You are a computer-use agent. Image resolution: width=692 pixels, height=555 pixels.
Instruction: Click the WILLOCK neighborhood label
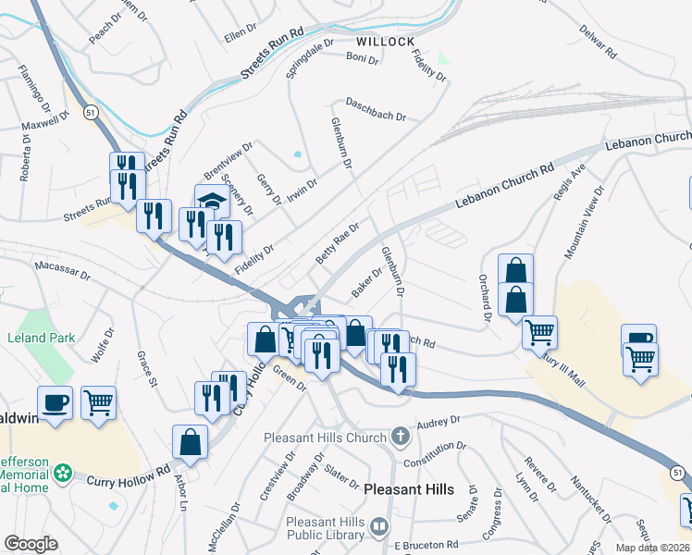[x=385, y=42]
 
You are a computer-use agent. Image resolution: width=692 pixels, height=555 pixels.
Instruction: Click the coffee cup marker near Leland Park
[x=55, y=402]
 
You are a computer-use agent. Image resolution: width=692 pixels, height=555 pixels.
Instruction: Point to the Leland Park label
[x=42, y=338]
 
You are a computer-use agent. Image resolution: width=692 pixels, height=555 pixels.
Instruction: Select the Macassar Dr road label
[x=63, y=270]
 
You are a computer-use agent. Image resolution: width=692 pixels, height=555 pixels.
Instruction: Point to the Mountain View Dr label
[x=584, y=222]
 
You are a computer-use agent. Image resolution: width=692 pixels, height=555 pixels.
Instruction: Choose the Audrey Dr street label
[x=439, y=423]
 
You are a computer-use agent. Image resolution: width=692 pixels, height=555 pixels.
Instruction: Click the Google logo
[x=31, y=544]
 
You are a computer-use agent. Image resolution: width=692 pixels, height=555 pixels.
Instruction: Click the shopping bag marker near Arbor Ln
[x=190, y=441]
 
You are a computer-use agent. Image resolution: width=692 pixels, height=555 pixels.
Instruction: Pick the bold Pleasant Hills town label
[x=408, y=488]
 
